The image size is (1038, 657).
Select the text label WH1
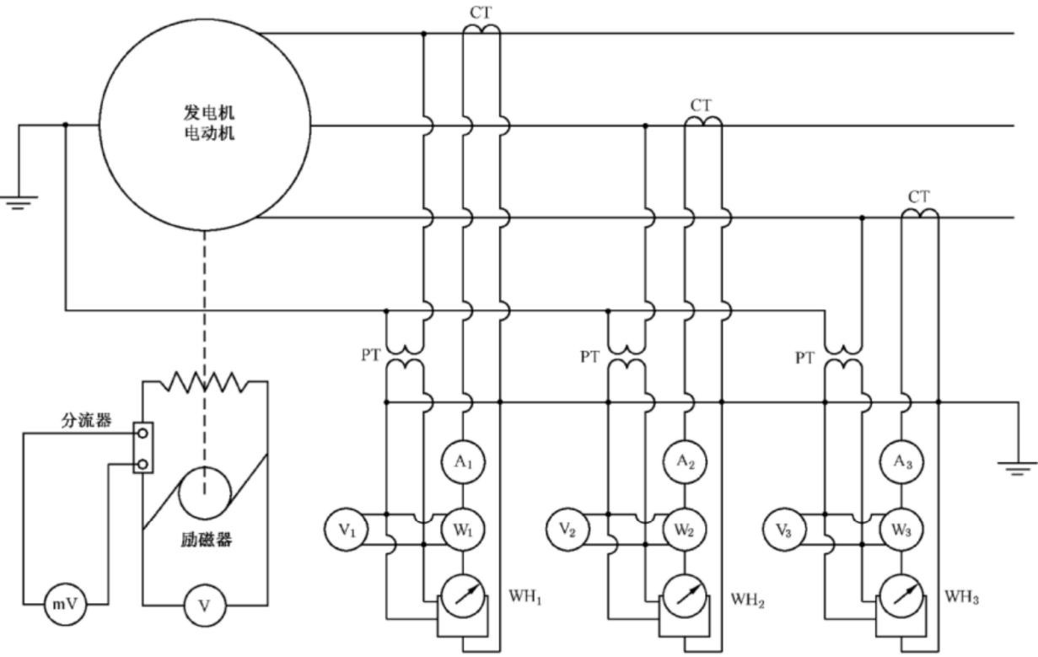coord(525,597)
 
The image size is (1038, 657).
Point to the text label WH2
coord(747,600)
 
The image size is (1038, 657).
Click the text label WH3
coord(961,597)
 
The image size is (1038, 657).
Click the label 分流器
coord(87,420)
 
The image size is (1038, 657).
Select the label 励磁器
coord(206,539)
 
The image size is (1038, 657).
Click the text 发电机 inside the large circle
coord(209,112)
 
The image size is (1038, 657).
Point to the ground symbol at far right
coord(1017,468)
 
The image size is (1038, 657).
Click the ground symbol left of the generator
coord(19,202)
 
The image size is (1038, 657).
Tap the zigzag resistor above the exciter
coord(204,382)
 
